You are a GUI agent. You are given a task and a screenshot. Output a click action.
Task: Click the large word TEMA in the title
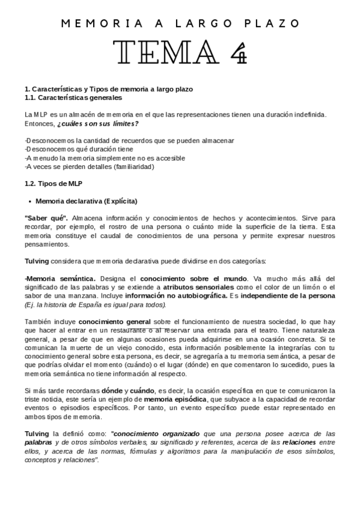pyautogui.click(x=161, y=52)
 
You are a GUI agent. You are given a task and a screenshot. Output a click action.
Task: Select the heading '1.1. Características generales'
pyautogui.click(x=73, y=97)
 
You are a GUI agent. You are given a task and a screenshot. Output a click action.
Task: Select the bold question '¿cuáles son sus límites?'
pyautogui.click(x=98, y=123)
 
